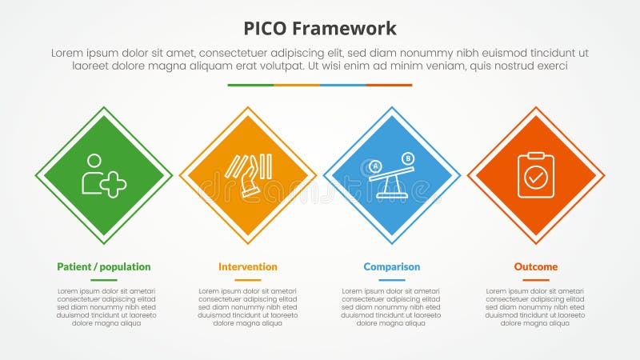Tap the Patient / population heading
(x=104, y=266)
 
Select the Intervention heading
(x=248, y=266)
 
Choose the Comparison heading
(x=392, y=266)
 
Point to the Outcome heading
(x=536, y=266)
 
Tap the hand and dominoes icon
(x=248, y=175)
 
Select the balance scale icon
(x=392, y=175)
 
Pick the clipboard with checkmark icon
(x=536, y=175)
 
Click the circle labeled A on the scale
(x=374, y=166)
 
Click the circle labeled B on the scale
(x=407, y=158)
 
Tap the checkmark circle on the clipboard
(x=536, y=178)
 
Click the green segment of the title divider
(x=250, y=85)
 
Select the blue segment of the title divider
(x=343, y=85)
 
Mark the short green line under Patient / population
(x=104, y=280)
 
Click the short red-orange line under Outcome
(x=536, y=280)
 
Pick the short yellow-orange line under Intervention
(x=248, y=280)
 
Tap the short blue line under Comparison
(x=392, y=280)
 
